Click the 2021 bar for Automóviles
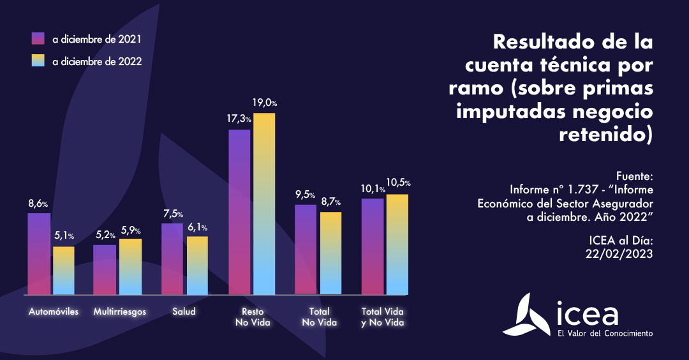[x=39, y=254]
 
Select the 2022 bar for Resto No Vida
[x=264, y=204]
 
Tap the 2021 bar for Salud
[x=172, y=259]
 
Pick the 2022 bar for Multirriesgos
[x=130, y=267]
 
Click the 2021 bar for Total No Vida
[x=306, y=249]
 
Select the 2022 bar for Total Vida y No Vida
[x=397, y=244]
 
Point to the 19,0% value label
[x=265, y=103]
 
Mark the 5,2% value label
[x=105, y=235]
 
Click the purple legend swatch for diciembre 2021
[x=38, y=39]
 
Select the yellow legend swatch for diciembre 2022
[x=38, y=61]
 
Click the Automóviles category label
[x=54, y=312]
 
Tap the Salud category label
[x=184, y=312]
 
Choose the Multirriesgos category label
[x=120, y=312]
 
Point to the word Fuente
[x=635, y=175]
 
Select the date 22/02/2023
[x=620, y=253]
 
